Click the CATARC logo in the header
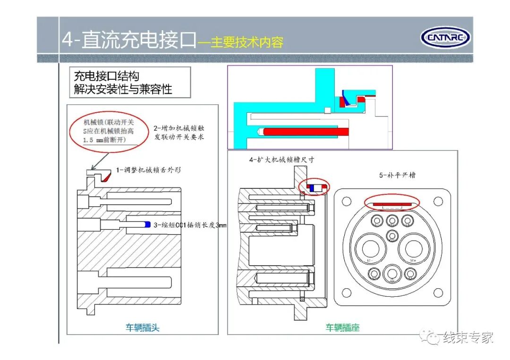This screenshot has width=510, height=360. pyautogui.click(x=445, y=37)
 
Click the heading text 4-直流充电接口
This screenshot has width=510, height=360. pyautogui.click(x=128, y=41)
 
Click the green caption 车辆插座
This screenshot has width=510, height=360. pyautogui.click(x=342, y=327)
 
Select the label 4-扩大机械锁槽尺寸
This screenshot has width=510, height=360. pyautogui.click(x=281, y=160)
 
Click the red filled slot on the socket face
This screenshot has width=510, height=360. pyautogui.click(x=391, y=204)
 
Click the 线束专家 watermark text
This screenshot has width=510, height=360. pyautogui.click(x=467, y=337)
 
